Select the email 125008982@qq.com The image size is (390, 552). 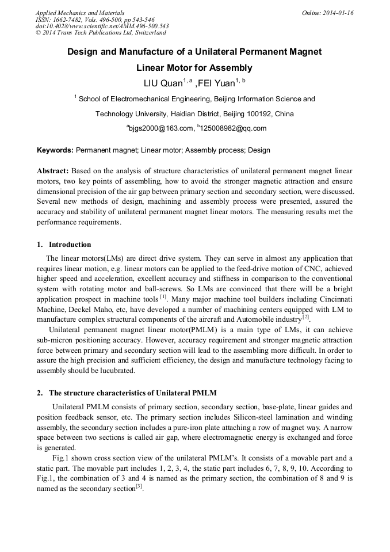point(234,128)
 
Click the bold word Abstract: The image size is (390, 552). point(53,172)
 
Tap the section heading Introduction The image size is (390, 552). point(70,245)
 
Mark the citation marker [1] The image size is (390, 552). point(163,298)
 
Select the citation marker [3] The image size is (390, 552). point(139,486)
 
